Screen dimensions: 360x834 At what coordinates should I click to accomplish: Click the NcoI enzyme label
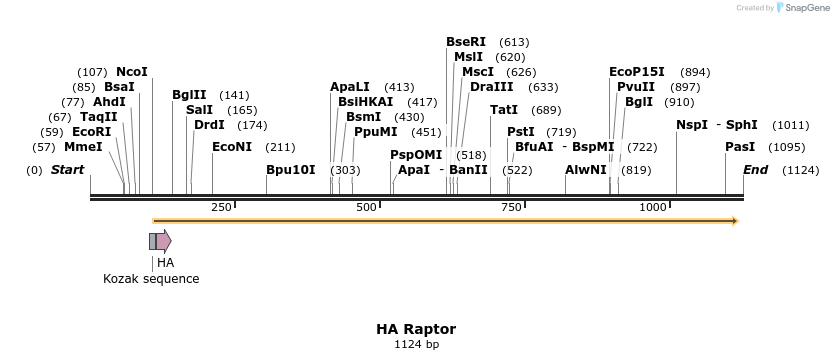tap(132, 72)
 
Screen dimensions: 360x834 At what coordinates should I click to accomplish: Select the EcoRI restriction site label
tap(91, 132)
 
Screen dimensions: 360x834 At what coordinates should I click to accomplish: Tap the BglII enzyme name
tap(189, 95)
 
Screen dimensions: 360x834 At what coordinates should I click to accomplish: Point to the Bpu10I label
tap(290, 170)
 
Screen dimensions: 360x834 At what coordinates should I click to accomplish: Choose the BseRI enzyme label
tap(466, 42)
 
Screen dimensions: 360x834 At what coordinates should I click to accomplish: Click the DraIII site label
tap(491, 87)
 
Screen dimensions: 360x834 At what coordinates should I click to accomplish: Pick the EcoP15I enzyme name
tap(637, 72)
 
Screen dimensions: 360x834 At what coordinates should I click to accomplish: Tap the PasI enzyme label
tap(740, 147)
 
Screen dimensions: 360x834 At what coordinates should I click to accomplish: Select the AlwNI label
tap(586, 170)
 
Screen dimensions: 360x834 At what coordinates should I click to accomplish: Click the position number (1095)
tap(787, 147)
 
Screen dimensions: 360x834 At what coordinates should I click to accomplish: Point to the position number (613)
tap(514, 42)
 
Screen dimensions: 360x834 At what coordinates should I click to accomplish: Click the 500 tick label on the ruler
tap(366, 207)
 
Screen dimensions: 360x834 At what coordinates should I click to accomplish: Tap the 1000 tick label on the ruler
tap(653, 207)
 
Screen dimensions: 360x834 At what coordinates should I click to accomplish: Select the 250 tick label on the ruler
tap(221, 207)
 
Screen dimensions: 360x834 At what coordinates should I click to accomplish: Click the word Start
tap(68, 170)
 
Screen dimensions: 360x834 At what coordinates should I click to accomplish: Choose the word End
tap(755, 170)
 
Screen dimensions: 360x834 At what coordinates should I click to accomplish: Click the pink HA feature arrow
tap(163, 241)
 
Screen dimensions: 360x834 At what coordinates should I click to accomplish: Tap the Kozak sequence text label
tap(151, 279)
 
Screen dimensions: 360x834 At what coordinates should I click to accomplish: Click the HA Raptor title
tap(416, 329)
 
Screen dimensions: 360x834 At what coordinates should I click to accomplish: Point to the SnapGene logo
tap(803, 8)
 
